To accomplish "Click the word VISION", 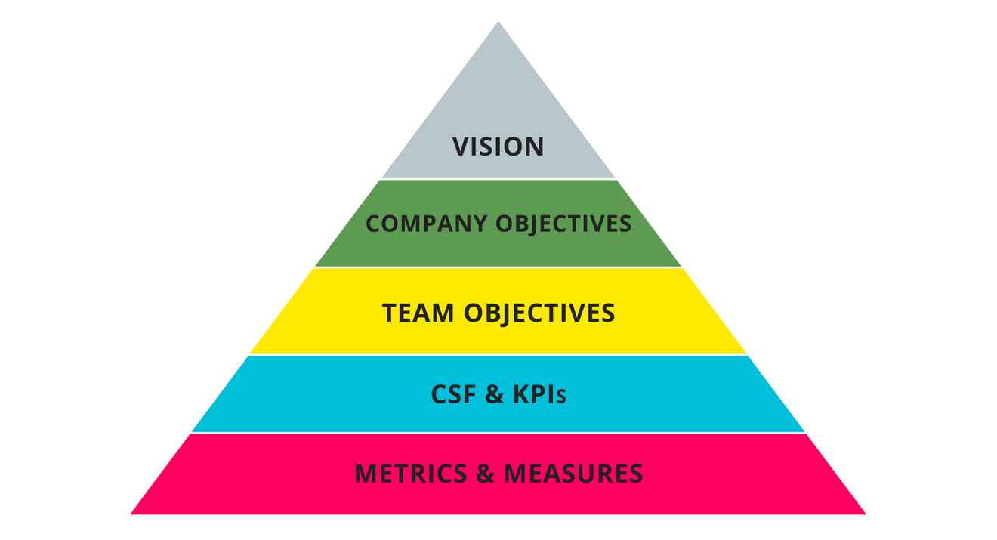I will (498, 147).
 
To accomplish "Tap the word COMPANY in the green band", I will (427, 224).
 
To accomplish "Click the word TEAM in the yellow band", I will (419, 313).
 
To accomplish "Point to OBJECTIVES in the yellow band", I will (539, 313).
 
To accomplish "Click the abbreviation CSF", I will (454, 394).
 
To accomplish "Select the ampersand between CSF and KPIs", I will (495, 394).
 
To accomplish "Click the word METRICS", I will (411, 474).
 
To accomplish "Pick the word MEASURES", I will (573, 474).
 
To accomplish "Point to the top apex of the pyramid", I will (498, 23).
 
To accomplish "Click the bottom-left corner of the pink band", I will (133, 514).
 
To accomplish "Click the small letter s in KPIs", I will (561, 397).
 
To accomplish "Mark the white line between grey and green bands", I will (498, 179).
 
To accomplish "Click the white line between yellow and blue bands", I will (498, 355).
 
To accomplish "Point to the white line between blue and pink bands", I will (498, 433).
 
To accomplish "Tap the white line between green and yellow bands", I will (498, 267).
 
